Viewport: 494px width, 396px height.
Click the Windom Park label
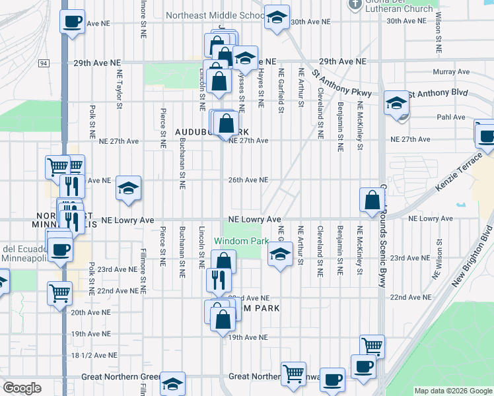pos(242,242)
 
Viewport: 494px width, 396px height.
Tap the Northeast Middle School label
pos(215,15)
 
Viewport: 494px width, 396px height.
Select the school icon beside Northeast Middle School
pos(277,17)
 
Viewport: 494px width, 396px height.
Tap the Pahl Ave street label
pos(451,117)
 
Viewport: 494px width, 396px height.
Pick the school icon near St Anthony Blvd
pos(396,103)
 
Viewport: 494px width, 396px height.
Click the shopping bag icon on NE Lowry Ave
pos(372,201)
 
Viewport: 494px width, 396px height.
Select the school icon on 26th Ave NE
pos(128,187)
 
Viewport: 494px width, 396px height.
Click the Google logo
pos(22,388)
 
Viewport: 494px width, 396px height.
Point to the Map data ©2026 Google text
pos(452,391)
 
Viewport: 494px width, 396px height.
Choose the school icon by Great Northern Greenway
pos(173,383)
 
